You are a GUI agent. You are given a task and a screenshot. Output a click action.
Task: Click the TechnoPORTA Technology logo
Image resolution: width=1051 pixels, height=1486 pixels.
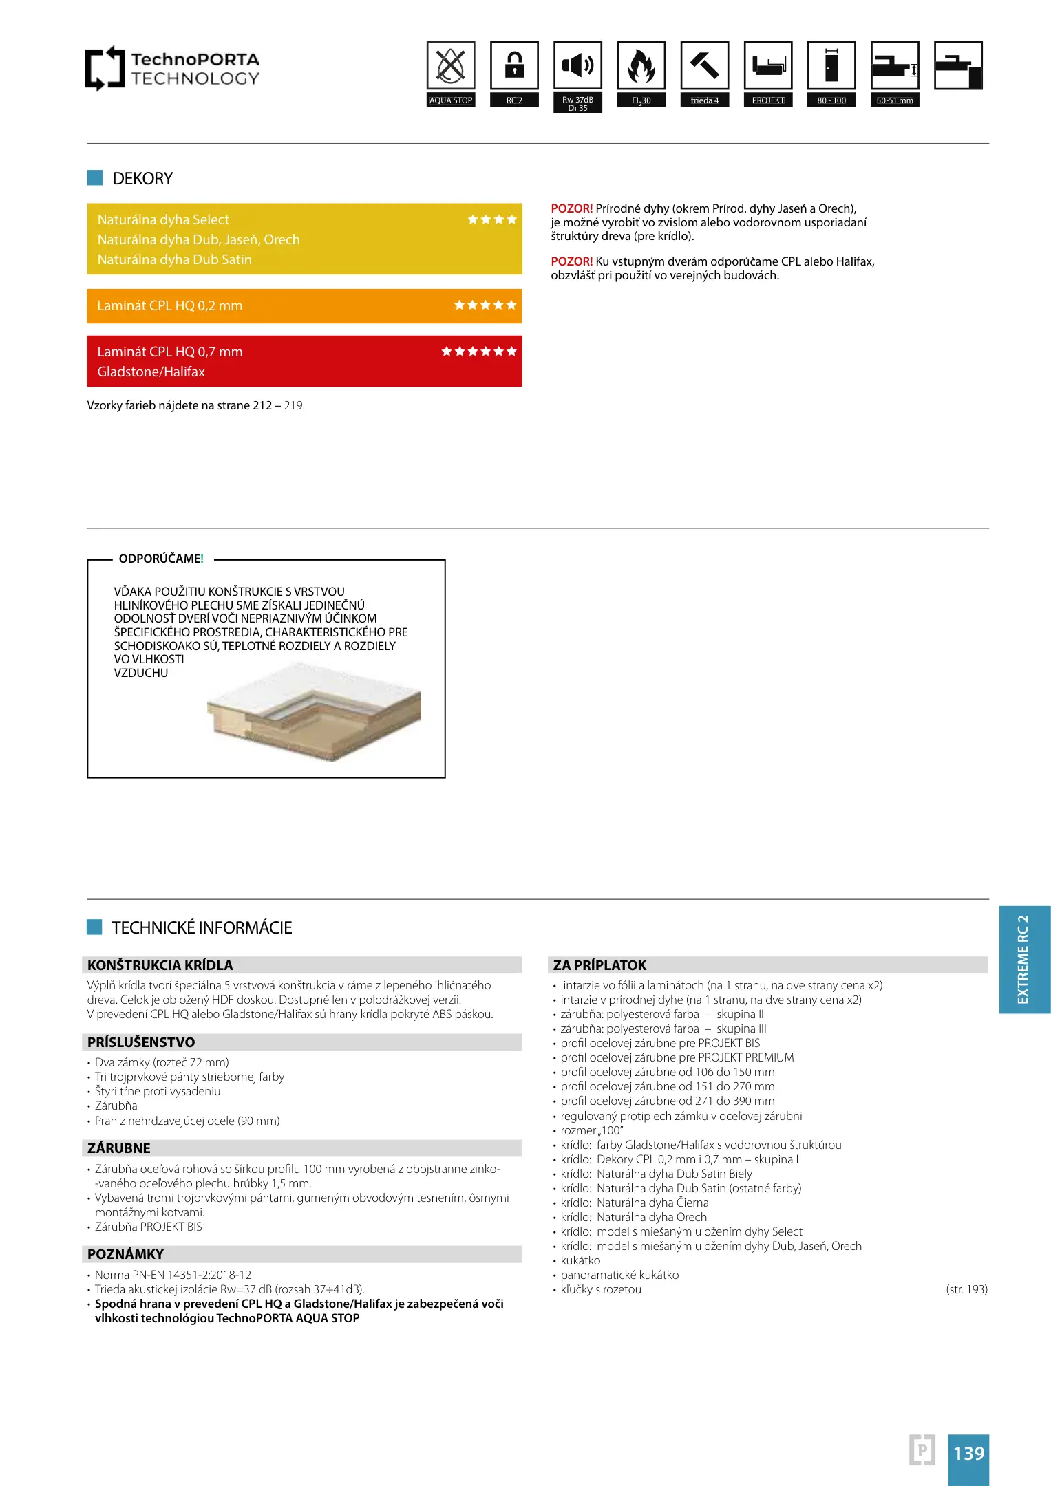click(x=172, y=68)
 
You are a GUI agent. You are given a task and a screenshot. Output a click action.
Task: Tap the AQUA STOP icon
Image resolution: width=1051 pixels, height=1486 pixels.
click(x=451, y=66)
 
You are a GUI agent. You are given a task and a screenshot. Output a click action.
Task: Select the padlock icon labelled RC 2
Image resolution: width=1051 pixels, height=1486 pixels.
click(x=514, y=66)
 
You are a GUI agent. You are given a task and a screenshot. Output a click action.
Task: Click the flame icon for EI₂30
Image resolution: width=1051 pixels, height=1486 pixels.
click(x=641, y=66)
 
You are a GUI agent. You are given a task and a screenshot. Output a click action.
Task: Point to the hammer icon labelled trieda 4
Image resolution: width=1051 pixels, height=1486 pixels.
click(x=704, y=66)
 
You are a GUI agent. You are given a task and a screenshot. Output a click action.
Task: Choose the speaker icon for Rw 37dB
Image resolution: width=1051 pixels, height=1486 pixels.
click(x=577, y=66)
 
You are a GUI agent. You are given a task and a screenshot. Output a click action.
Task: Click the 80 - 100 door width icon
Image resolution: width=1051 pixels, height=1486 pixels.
click(x=831, y=66)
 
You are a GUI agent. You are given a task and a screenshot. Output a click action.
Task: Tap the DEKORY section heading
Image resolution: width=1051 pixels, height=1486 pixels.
click(x=142, y=179)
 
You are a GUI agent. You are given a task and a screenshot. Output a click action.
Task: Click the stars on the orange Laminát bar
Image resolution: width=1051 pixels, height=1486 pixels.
click(x=485, y=305)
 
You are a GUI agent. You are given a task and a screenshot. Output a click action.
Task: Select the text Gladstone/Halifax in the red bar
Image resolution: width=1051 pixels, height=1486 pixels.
click(x=151, y=372)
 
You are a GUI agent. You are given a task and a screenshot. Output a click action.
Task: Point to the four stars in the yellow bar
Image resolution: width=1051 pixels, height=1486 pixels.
click(x=492, y=220)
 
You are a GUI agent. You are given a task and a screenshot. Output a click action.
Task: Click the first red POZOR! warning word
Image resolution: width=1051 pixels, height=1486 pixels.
click(x=571, y=208)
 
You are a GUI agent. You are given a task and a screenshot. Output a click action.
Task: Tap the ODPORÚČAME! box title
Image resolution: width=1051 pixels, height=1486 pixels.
click(x=161, y=559)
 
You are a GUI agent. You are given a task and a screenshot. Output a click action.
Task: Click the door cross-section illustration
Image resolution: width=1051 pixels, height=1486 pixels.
click(x=314, y=712)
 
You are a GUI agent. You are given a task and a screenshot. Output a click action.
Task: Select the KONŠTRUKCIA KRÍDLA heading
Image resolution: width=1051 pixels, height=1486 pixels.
click(x=160, y=965)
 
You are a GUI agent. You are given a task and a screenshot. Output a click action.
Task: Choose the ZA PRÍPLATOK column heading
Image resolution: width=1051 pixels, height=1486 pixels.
click(x=599, y=965)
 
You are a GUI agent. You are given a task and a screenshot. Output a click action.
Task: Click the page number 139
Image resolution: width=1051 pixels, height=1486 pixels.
click(x=968, y=1454)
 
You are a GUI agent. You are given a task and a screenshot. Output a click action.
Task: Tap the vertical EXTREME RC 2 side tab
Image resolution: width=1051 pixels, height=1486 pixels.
click(x=1024, y=960)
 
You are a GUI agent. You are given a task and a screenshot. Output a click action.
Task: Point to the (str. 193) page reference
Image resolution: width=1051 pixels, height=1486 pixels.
click(x=966, y=1289)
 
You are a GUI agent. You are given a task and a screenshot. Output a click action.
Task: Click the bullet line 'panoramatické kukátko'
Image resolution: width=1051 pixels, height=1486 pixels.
click(x=619, y=1275)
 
